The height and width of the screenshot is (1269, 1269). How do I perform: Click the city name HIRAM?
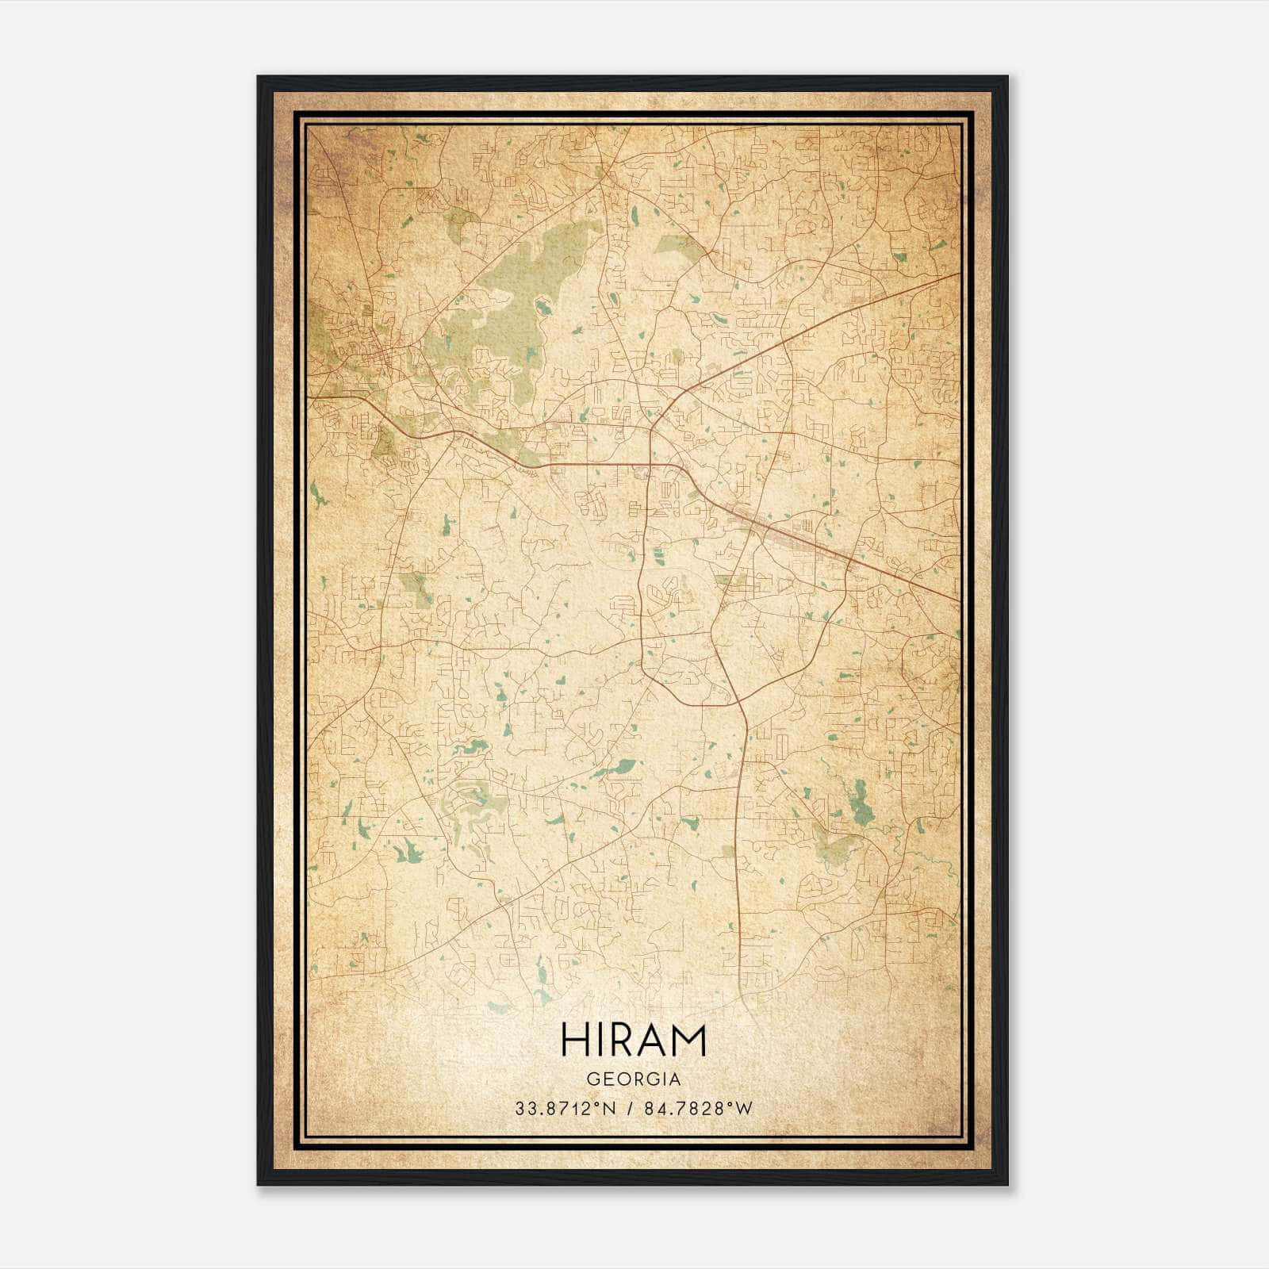click(x=633, y=1040)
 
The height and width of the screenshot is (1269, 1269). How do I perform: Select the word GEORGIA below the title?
click(x=633, y=1079)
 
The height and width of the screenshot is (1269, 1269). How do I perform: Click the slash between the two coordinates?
click(x=628, y=1109)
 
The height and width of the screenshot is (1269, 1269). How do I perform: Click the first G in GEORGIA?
click(x=592, y=1079)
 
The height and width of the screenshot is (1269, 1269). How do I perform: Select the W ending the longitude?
click(x=744, y=1109)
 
